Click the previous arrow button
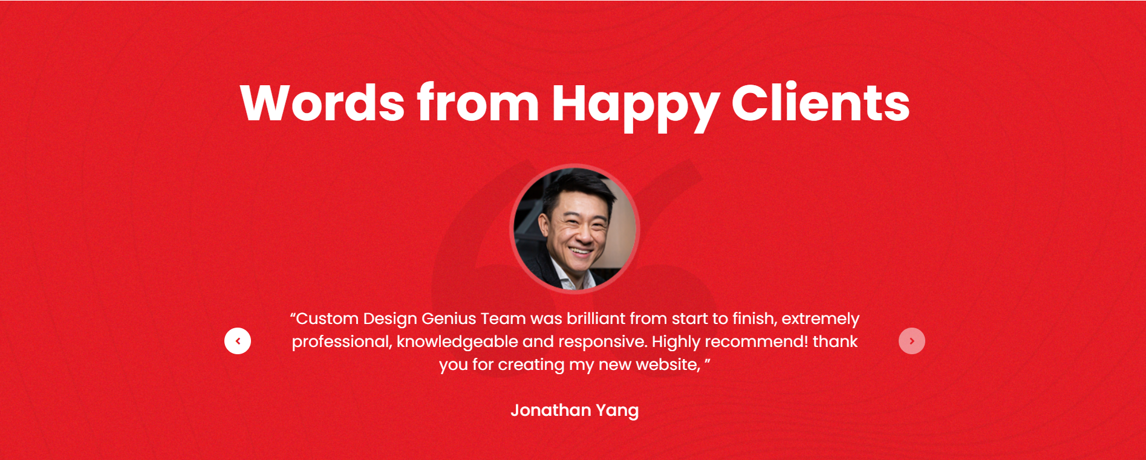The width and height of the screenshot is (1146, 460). [x=238, y=341]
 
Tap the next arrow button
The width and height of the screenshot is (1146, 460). [x=912, y=341]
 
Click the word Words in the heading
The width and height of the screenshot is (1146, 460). [x=322, y=103]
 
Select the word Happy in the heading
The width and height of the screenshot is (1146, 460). [x=635, y=106]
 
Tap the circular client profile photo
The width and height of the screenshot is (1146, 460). [x=575, y=228]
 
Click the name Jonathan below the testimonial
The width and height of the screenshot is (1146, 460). [x=551, y=410]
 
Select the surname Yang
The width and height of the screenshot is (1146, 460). [x=617, y=411]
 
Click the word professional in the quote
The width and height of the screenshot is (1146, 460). [x=342, y=342]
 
